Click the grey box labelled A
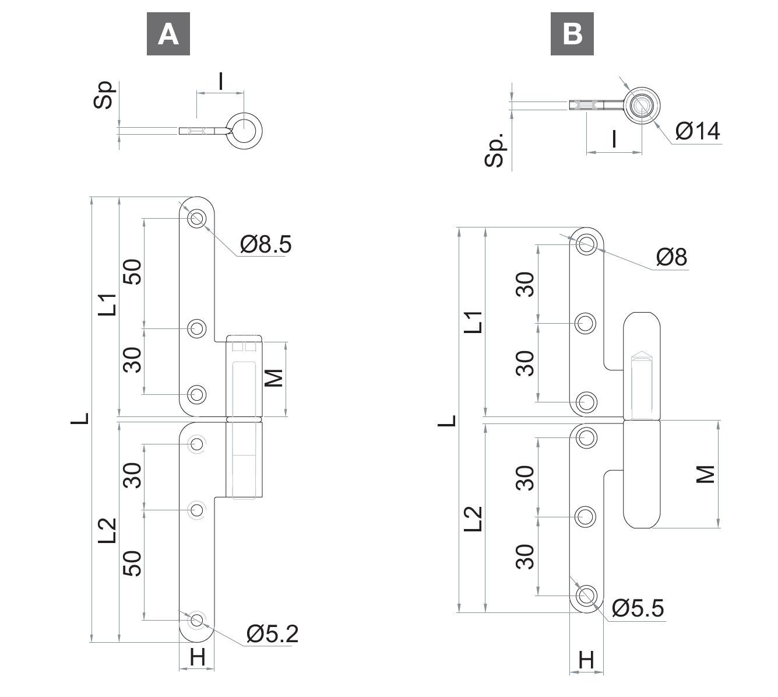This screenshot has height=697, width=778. click(x=168, y=34)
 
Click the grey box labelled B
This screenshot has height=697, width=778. click(x=572, y=34)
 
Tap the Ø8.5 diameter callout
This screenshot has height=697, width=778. click(x=265, y=244)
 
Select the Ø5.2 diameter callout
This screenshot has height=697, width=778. click(x=272, y=633)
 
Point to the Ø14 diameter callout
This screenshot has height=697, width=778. click(x=698, y=131)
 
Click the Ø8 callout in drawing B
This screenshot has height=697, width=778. click(x=672, y=257)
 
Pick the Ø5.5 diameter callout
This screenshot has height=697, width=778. click(x=638, y=608)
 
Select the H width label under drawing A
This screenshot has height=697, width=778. click(x=198, y=657)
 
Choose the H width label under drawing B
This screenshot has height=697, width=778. click(x=586, y=660)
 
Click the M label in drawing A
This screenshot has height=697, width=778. click(x=273, y=377)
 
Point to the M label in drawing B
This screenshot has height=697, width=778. click(x=705, y=474)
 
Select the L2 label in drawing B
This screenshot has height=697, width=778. click(x=475, y=518)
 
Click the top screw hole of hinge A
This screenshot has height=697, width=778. click(x=196, y=219)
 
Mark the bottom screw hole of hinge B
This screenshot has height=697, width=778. click(x=586, y=596)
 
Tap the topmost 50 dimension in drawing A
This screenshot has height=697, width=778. click(x=133, y=272)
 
